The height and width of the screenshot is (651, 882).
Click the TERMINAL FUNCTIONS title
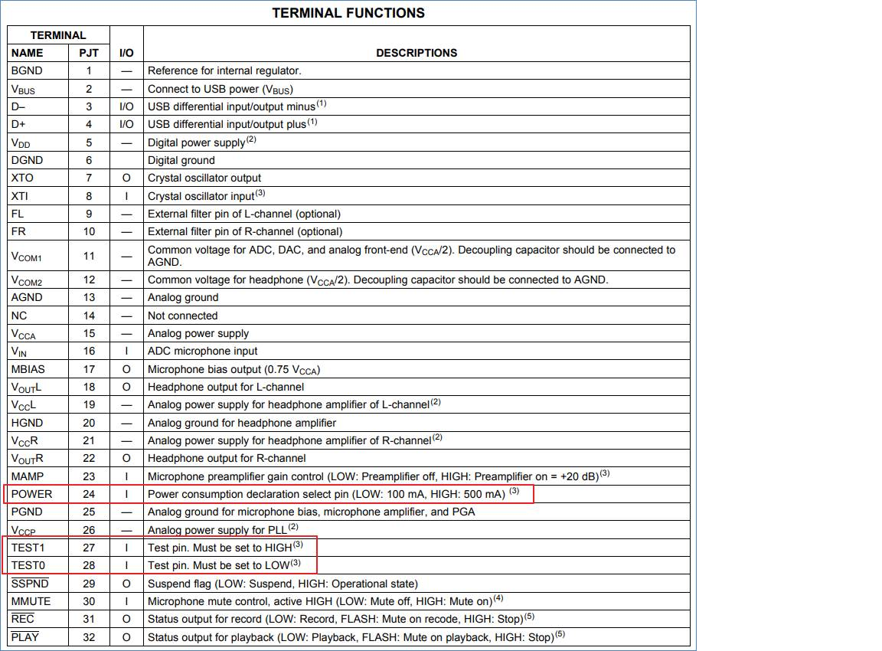coord(348,13)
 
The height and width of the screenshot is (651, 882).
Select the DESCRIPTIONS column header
coord(416,53)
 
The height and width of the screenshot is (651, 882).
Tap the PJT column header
coord(89,53)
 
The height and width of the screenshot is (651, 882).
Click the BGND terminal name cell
coord(27,70)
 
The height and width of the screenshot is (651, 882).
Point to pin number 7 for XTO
coord(89,178)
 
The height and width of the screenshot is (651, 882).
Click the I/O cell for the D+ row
coord(126,124)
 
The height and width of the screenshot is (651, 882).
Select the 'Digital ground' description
coord(181,160)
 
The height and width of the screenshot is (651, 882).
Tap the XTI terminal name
coord(21,196)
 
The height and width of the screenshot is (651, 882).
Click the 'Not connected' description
coord(182,316)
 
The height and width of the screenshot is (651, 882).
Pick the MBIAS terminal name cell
coord(28,369)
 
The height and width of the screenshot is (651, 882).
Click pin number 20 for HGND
coord(89,423)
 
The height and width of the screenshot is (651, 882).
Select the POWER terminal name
coord(31,494)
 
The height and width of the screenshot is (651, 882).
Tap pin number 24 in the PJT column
coord(89,494)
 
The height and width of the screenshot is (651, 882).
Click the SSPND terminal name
coord(28,584)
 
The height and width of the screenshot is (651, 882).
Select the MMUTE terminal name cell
coord(31,601)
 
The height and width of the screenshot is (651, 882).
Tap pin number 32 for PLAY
coord(89,637)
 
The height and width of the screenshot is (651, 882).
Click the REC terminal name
coord(23,619)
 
